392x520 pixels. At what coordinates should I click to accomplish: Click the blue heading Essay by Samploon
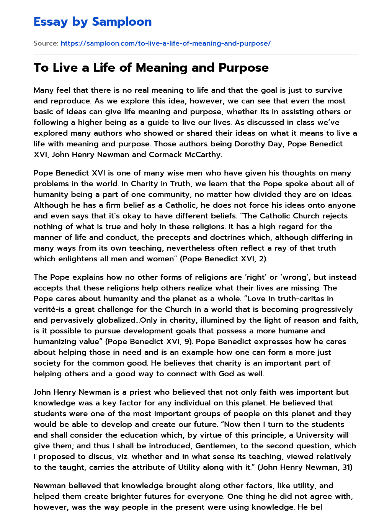[x=93, y=22]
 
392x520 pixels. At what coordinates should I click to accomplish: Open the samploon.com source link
[x=165, y=43]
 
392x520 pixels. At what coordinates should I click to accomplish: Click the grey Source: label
[x=46, y=43]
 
